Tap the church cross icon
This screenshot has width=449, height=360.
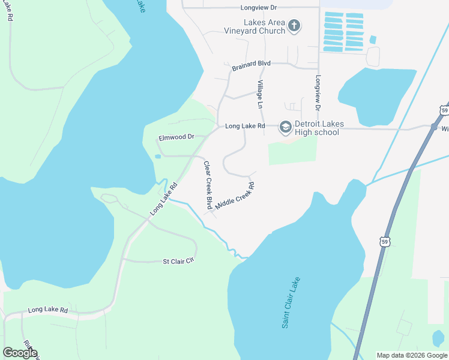(294, 25)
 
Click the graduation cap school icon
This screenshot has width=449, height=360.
(285, 127)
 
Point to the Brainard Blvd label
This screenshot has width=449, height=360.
(252, 63)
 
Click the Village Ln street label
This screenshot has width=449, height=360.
(260, 94)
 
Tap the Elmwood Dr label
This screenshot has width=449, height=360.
(176, 137)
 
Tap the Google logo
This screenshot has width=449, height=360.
(20, 353)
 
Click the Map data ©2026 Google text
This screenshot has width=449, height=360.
(412, 355)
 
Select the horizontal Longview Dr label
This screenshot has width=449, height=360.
(258, 8)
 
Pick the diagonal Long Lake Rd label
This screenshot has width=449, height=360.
(164, 199)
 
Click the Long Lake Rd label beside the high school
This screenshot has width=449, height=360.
(245, 127)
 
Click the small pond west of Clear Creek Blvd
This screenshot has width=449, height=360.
(157, 157)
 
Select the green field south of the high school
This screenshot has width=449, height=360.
(292, 150)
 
